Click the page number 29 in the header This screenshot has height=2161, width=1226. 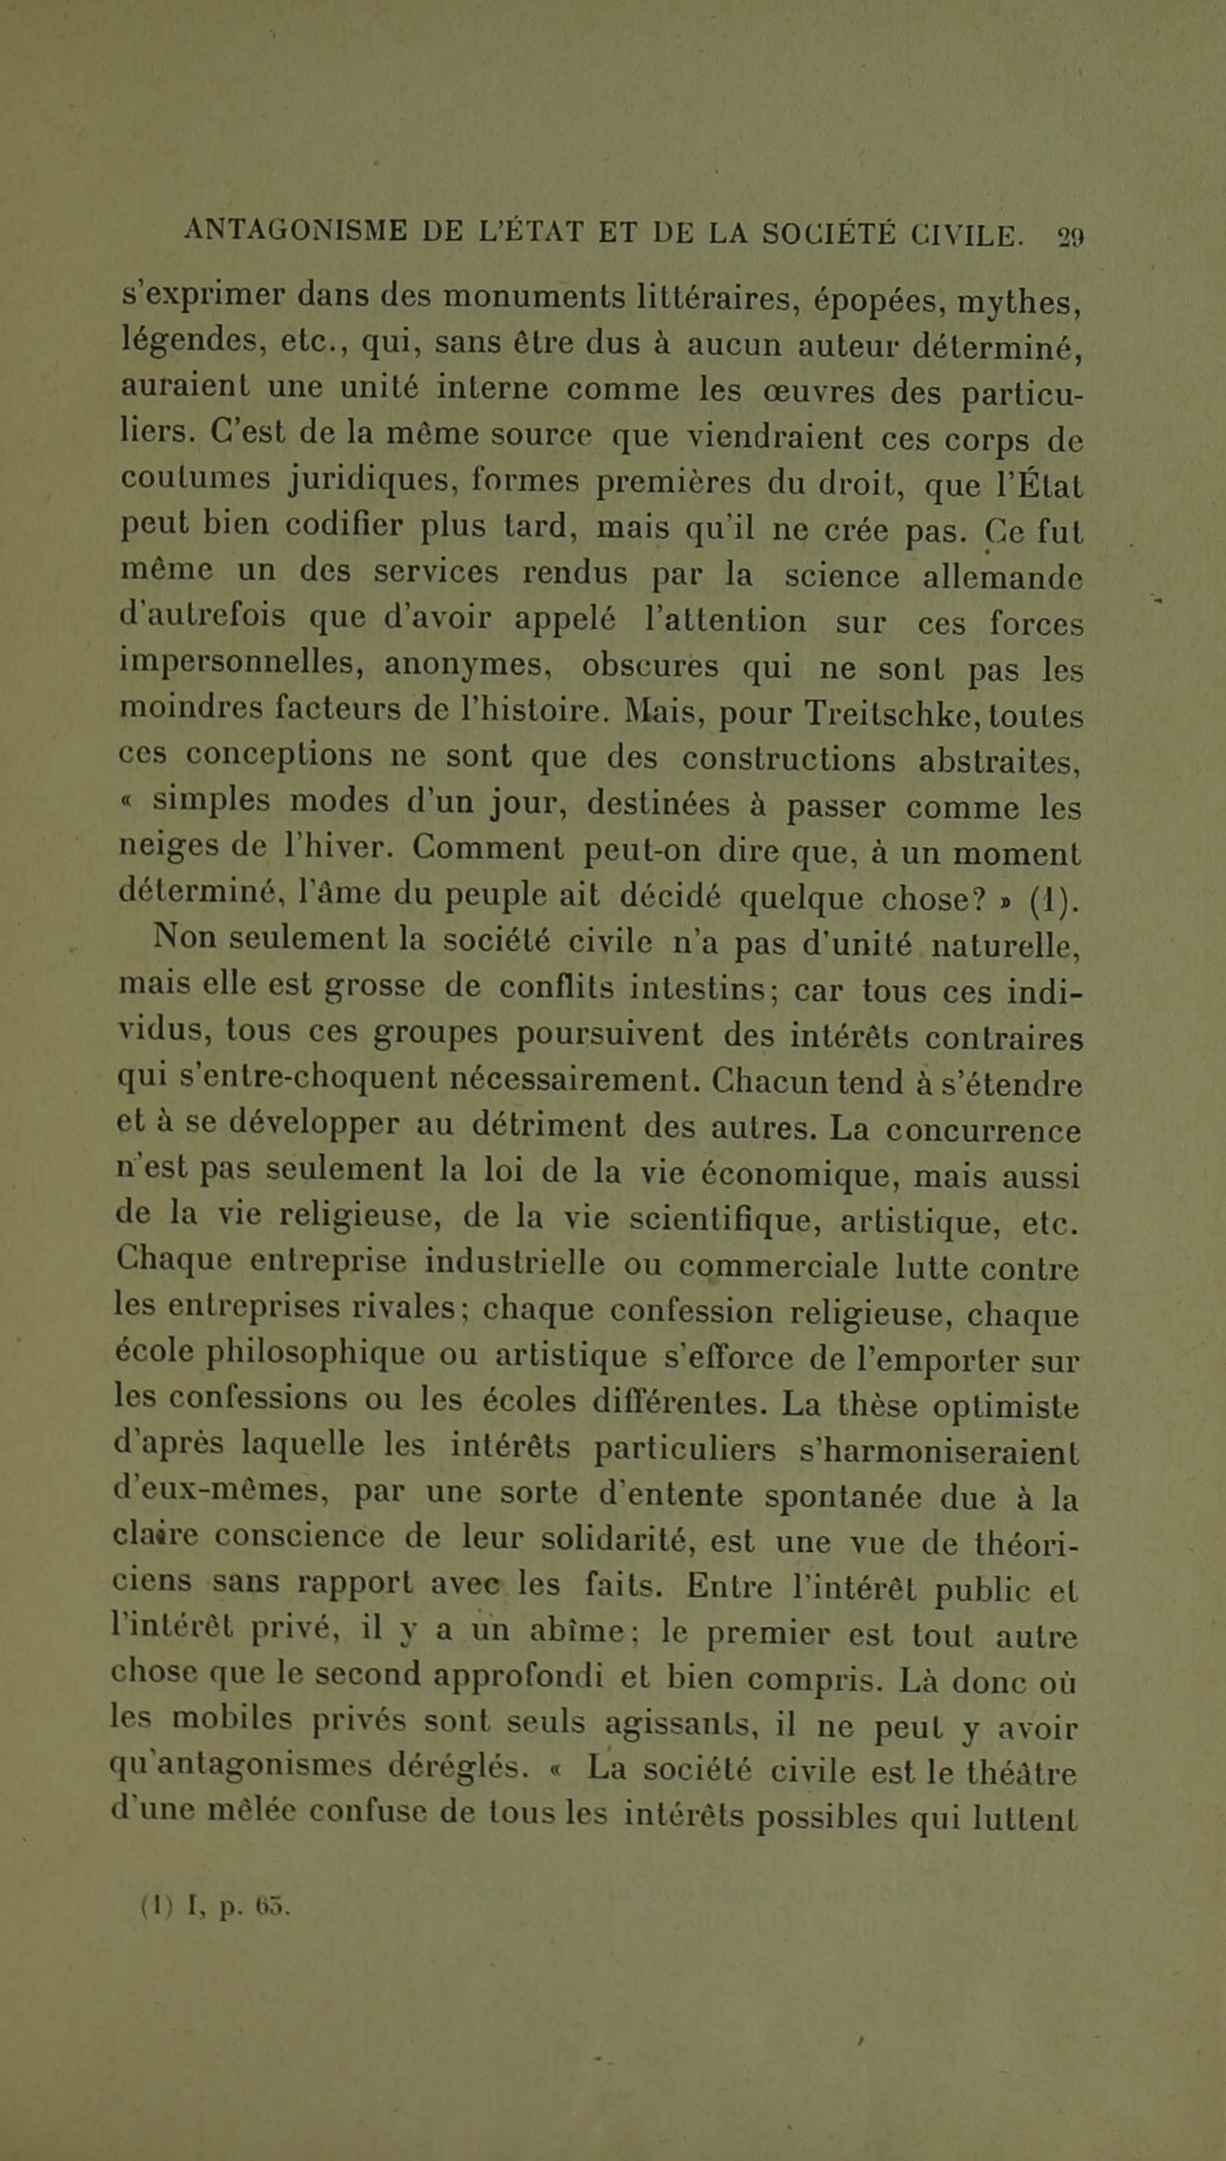(1070, 237)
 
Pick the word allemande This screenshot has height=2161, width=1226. (1002, 579)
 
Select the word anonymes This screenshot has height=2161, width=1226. (467, 666)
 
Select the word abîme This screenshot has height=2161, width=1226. (577, 1630)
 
